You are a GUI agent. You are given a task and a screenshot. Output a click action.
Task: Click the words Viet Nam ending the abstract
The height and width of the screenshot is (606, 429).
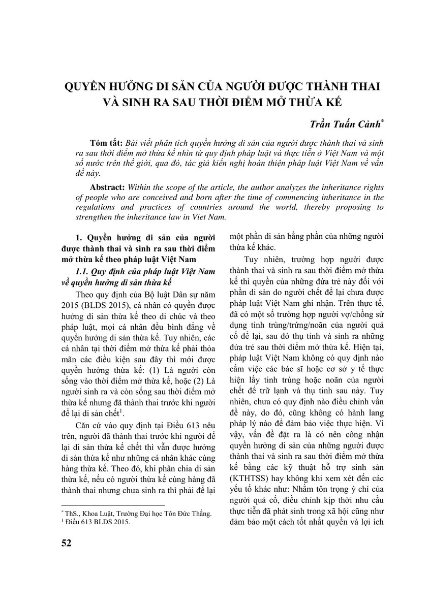(x=207, y=216)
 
